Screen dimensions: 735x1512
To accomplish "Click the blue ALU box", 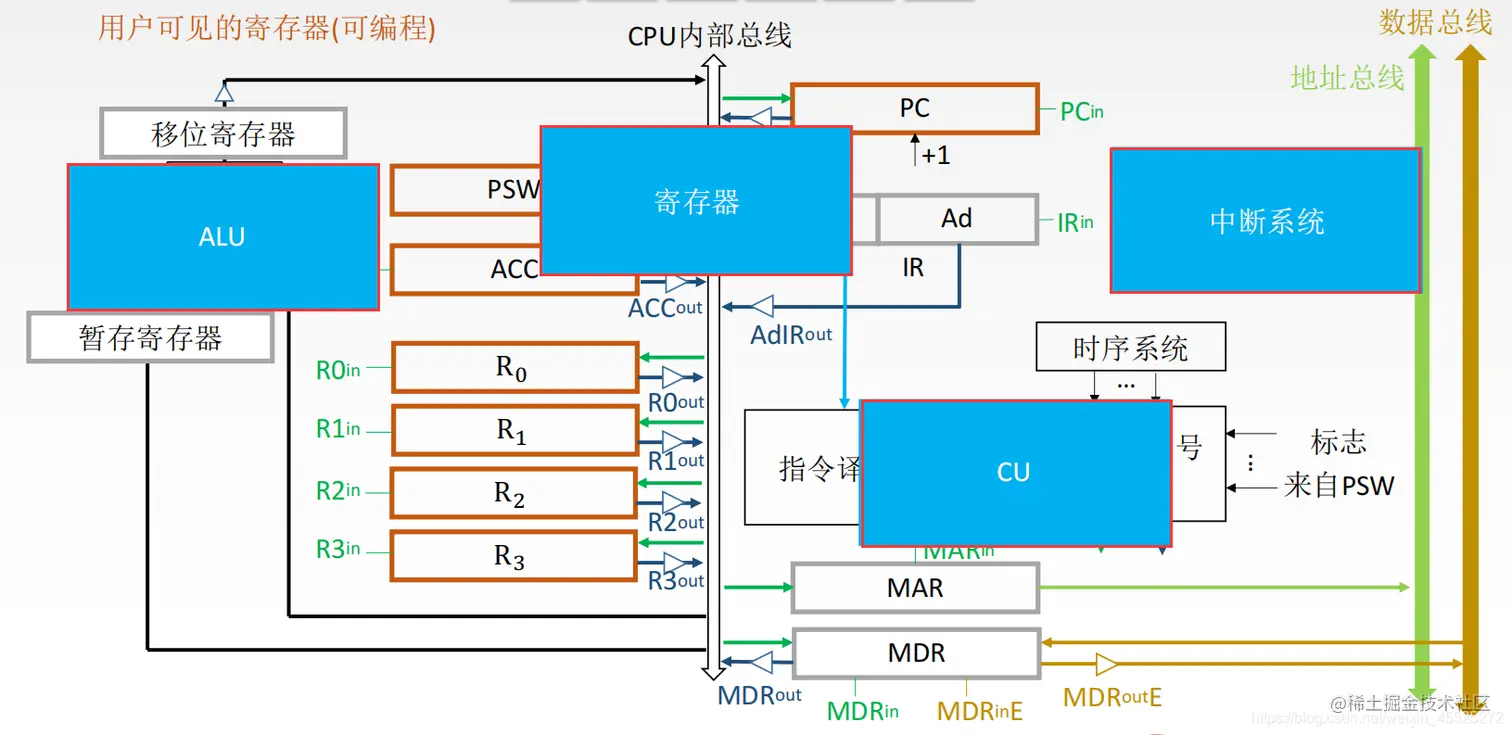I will tap(222, 237).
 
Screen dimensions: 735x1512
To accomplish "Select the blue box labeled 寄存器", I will tap(696, 201).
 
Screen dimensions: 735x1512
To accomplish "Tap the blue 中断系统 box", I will tap(1265, 221).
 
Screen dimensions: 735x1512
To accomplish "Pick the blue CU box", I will tap(1015, 472).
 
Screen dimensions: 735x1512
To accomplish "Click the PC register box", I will tap(914, 109).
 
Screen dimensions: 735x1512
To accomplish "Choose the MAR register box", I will tap(914, 588).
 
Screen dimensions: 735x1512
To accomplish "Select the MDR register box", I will tap(915, 653).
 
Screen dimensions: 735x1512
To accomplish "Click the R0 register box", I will tap(514, 368).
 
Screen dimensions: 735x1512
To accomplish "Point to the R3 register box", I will tap(514, 557).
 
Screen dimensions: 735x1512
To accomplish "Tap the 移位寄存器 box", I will tap(223, 134).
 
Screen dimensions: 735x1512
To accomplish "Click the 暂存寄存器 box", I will tap(150, 338).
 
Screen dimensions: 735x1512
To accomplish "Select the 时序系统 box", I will tap(1130, 348).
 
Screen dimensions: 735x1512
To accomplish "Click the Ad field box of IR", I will tap(957, 219).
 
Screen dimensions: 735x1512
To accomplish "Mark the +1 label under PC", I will tap(935, 155).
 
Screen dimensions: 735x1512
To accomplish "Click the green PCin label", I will tap(1081, 111).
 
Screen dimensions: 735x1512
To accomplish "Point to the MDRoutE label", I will tap(1112, 697).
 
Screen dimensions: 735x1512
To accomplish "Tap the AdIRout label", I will tap(791, 334).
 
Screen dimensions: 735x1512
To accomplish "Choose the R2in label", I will tap(338, 491).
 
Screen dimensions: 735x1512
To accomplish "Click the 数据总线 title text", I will tap(1434, 22).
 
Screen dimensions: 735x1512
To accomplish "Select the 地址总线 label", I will tap(1346, 77).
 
